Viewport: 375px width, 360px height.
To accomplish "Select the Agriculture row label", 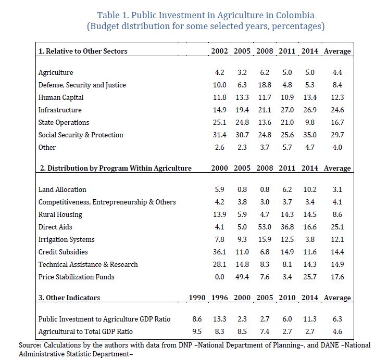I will (56, 72).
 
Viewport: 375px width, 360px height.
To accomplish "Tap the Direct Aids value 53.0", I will (265, 227).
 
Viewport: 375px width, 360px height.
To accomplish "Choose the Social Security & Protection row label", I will (81, 135).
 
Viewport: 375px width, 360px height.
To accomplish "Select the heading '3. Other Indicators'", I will (69, 298).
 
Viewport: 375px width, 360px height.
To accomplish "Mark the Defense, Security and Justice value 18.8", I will (265, 85).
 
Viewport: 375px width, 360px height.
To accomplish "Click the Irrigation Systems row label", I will (67, 239).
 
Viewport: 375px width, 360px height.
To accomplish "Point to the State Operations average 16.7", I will (337, 122).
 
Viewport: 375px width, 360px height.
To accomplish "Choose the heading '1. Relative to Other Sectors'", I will (83, 51).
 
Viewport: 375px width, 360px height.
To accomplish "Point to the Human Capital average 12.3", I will (337, 97).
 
